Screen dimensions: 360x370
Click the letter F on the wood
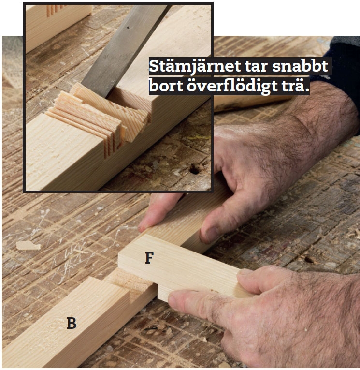149,258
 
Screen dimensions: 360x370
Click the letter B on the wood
72,323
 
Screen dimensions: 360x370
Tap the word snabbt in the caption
300,66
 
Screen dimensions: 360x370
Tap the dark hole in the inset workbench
195,169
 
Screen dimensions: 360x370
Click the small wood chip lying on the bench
29,245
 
